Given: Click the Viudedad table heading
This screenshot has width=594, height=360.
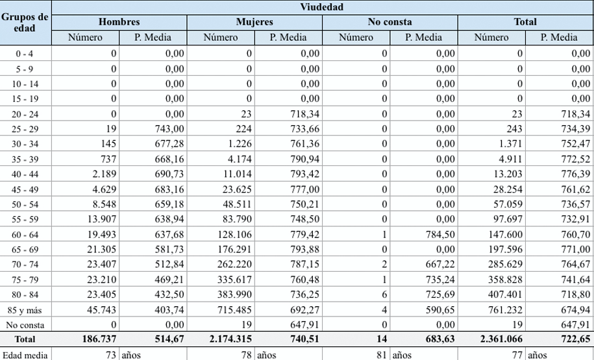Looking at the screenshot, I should point(322,8).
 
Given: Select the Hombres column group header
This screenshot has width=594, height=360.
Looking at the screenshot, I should point(119,22).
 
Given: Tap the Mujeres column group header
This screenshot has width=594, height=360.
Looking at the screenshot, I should point(254,22).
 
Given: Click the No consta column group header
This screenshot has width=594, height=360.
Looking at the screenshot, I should point(390,22).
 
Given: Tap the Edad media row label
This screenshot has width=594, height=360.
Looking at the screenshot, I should point(25,355).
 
